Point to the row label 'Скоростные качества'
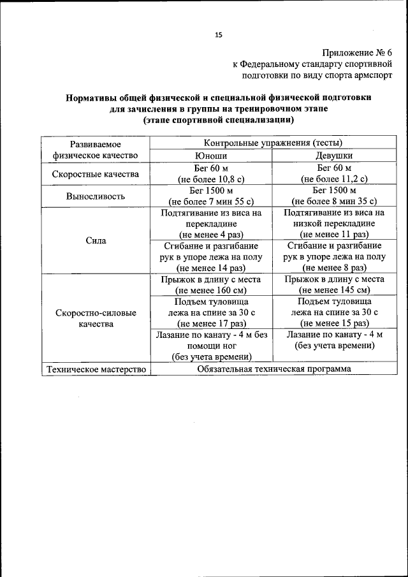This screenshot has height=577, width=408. pos(95,173)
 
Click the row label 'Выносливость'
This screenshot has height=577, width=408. pos(95,196)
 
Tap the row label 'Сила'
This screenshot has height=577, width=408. pos(95,241)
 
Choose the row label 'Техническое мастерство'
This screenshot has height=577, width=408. pos(95,369)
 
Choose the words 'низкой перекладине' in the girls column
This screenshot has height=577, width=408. pos(334,223)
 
